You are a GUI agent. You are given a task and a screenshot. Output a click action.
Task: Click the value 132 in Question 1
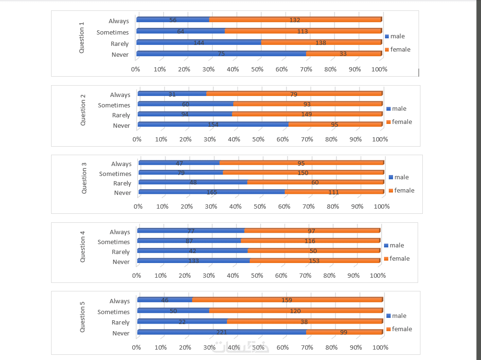295,20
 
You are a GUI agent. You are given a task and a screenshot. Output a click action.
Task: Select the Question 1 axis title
81,37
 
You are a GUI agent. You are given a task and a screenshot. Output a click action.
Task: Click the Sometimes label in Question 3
115,174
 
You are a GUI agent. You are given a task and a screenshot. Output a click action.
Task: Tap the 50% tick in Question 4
257,275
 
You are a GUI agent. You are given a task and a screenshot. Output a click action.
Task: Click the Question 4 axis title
83,246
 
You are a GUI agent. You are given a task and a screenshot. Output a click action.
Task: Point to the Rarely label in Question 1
120,44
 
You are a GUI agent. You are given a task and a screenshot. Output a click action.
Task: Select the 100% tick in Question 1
380,69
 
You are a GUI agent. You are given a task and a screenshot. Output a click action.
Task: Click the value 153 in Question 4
314,261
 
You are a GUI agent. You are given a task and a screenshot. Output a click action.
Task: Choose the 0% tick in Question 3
138,206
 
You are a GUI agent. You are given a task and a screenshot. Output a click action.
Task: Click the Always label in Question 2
120,95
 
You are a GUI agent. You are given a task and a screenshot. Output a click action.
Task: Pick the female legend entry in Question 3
404,191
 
